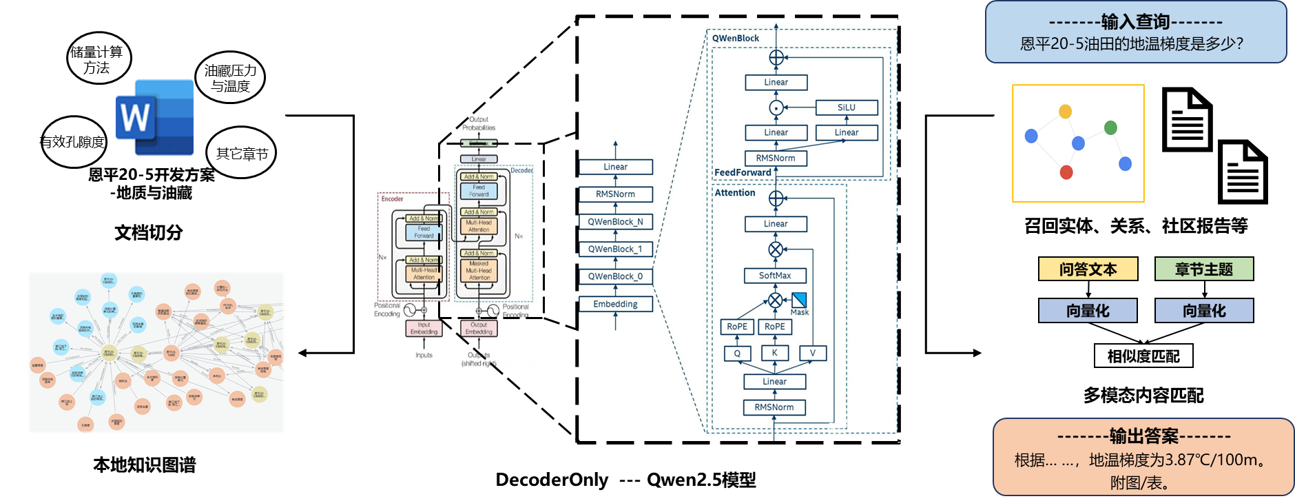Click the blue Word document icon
[x=155, y=118]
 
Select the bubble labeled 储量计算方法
[x=98, y=59]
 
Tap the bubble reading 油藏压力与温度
[x=231, y=78]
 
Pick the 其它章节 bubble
[x=241, y=153]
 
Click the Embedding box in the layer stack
[x=615, y=304]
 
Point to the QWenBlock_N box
[x=615, y=222]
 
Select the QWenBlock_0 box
[x=615, y=276]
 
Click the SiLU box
[x=847, y=108]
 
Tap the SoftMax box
[x=775, y=276]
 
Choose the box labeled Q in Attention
[x=737, y=354]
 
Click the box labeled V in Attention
[x=812, y=354]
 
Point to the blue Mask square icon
[x=799, y=300]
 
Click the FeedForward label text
[x=743, y=172]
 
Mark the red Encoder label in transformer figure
[x=393, y=199]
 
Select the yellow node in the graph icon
[x=1065, y=112]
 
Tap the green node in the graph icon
[x=1110, y=127]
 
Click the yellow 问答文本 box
[x=1088, y=269]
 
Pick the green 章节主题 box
[x=1203, y=269]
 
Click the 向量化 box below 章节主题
[x=1203, y=311]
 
